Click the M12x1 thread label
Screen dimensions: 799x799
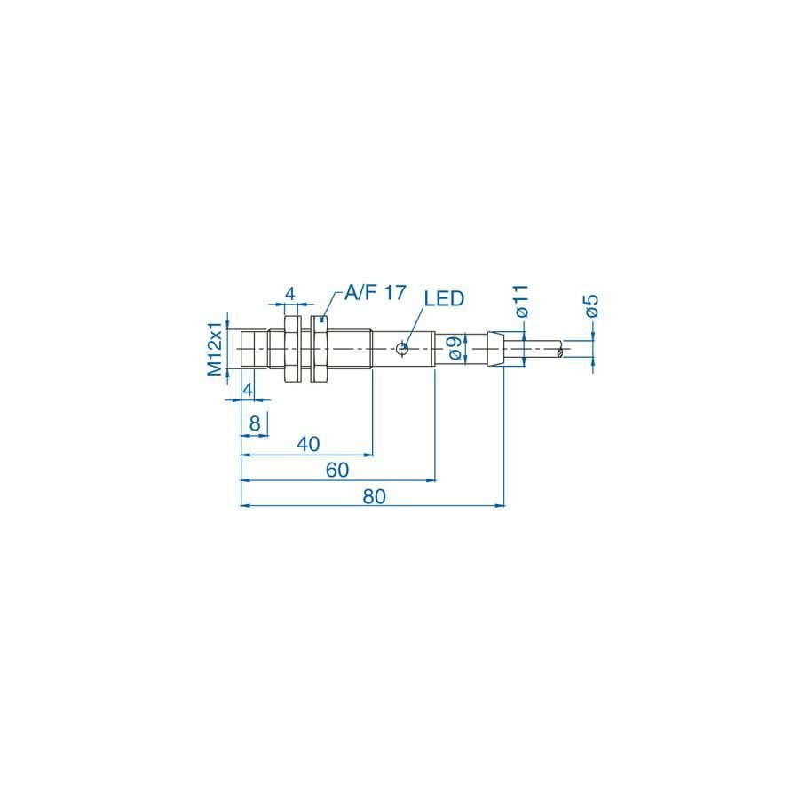click(215, 349)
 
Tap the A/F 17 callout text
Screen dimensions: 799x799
click(376, 292)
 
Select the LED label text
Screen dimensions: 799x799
click(445, 298)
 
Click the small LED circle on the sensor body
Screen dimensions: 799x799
click(401, 349)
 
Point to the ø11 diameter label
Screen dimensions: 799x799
click(522, 302)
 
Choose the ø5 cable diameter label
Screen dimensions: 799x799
click(591, 306)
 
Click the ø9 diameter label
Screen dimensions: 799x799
click(455, 349)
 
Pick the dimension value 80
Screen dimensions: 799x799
click(375, 496)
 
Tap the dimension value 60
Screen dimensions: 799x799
click(337, 470)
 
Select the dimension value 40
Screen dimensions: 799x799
click(308, 444)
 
